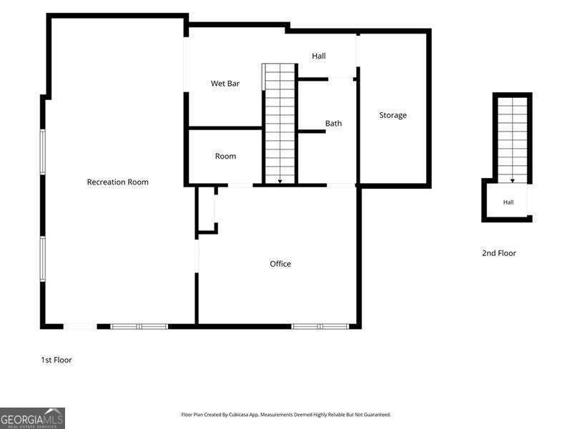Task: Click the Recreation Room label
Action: [117, 182]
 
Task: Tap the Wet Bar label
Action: [225, 83]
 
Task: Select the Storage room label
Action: [393, 115]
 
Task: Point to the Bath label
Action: [333, 123]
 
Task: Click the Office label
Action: [280, 263]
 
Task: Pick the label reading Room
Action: [225, 156]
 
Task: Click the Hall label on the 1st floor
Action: [318, 56]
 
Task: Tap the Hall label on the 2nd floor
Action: [508, 202]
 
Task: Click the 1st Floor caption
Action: [56, 360]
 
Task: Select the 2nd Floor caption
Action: [498, 253]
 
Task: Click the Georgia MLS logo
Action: [32, 418]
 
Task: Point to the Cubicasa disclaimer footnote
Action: [286, 415]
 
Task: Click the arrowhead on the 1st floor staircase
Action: [280, 181]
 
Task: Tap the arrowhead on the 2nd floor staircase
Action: [512, 181]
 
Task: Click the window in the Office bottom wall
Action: [320, 327]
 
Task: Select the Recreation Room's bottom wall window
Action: [139, 327]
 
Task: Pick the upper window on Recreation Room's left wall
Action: [43, 152]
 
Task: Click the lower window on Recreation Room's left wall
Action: [43, 259]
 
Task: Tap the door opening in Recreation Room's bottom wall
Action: [80, 327]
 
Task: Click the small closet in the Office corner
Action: [207, 209]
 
